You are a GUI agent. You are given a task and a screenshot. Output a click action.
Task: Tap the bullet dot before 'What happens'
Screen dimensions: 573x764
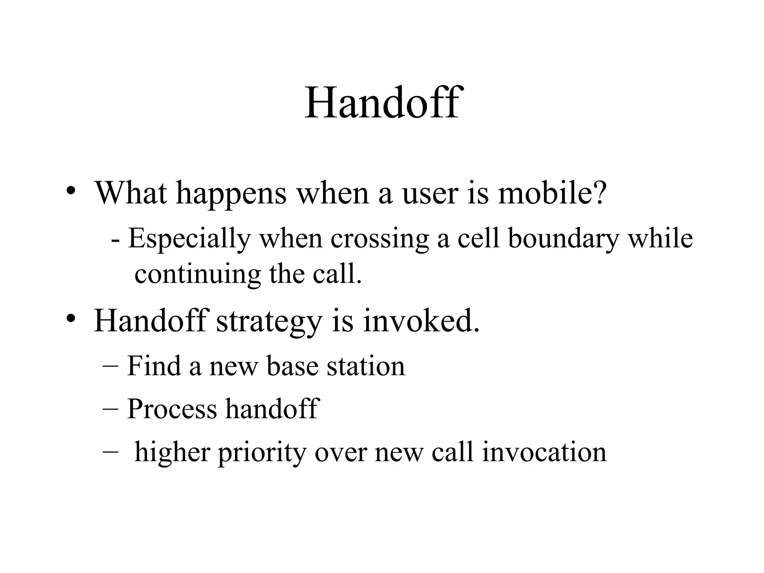tap(71, 191)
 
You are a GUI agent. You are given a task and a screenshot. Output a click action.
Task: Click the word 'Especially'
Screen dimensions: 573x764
tap(190, 239)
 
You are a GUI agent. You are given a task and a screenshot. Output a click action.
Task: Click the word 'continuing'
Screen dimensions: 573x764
tap(197, 275)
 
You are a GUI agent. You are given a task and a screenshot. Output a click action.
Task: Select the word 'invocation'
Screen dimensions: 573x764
tap(544, 452)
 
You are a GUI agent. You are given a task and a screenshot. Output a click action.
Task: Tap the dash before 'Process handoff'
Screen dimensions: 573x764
tap(110, 409)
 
